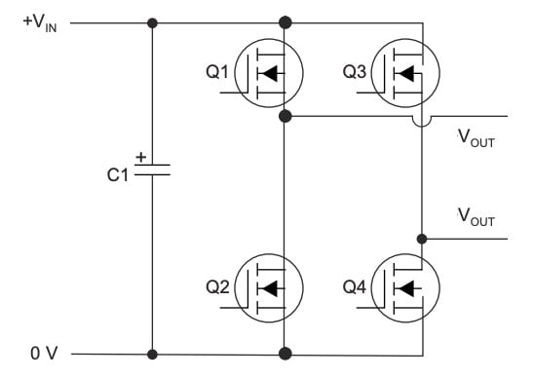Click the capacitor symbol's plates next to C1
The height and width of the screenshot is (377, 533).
coord(152,170)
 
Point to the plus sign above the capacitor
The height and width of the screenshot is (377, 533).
coord(142,156)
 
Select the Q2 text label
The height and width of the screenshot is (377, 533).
coord(217,286)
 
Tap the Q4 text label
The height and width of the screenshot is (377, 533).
coord(355,286)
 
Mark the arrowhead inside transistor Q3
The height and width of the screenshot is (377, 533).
coord(405,71)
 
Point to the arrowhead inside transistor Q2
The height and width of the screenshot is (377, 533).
coord(268,287)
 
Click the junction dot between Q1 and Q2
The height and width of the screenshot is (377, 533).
coord(285,116)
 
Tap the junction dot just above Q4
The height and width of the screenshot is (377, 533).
coord(422,238)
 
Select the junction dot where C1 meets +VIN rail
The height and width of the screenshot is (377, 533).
coord(152,22)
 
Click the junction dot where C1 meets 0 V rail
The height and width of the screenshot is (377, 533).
coord(152,354)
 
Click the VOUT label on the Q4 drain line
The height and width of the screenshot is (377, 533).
coord(476,219)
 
